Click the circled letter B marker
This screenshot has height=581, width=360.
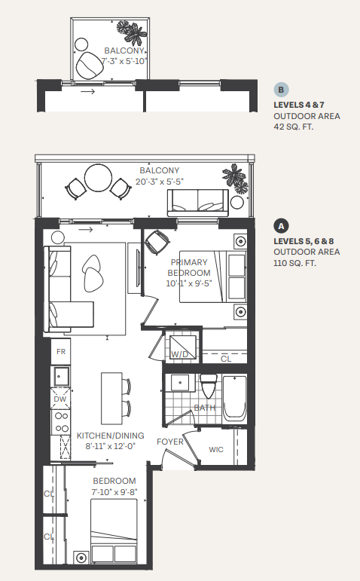281,90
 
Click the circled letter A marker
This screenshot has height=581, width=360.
281,225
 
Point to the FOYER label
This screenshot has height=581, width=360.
170,442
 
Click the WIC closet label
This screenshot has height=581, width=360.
216,450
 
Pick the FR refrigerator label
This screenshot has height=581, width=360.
61,351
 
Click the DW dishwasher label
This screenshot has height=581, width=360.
60,399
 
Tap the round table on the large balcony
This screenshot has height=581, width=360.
97,179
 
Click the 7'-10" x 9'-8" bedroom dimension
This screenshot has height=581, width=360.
114,492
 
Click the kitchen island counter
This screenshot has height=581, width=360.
111,397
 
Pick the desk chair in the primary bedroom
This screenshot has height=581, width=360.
156,243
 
